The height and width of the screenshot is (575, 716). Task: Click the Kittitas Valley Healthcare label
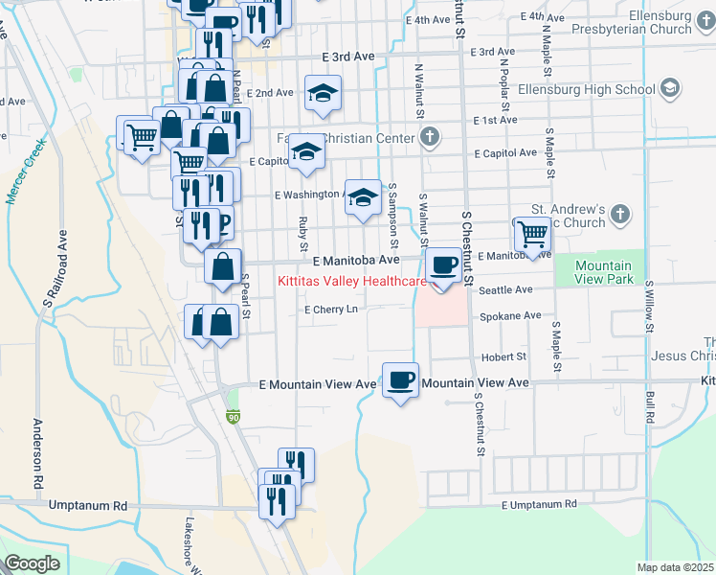351,282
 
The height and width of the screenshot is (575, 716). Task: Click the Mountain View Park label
604,272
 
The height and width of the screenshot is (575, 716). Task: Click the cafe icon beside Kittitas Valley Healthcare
442,264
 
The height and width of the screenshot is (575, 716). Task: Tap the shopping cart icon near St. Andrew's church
532,233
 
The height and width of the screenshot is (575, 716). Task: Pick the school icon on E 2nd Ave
323,93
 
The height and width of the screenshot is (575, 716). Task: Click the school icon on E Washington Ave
362,197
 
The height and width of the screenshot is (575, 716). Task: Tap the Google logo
32,563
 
